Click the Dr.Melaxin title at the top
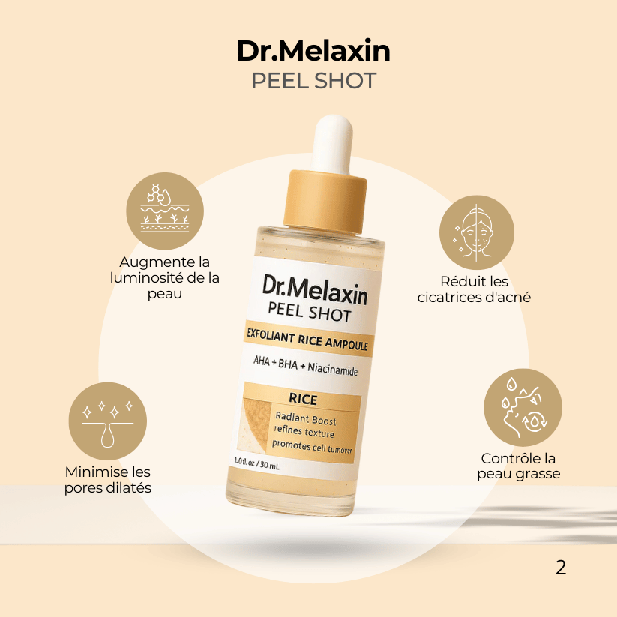click(313, 50)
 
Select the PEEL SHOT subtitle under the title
click(313, 80)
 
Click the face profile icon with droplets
click(522, 407)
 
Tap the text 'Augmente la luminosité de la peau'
click(165, 278)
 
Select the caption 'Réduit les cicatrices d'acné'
click(474, 289)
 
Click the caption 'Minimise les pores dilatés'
click(108, 480)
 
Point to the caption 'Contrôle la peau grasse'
click(519, 466)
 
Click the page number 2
click(561, 568)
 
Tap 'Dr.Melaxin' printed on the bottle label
click(315, 289)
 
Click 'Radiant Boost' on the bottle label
click(306, 419)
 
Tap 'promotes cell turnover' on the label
click(311, 447)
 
